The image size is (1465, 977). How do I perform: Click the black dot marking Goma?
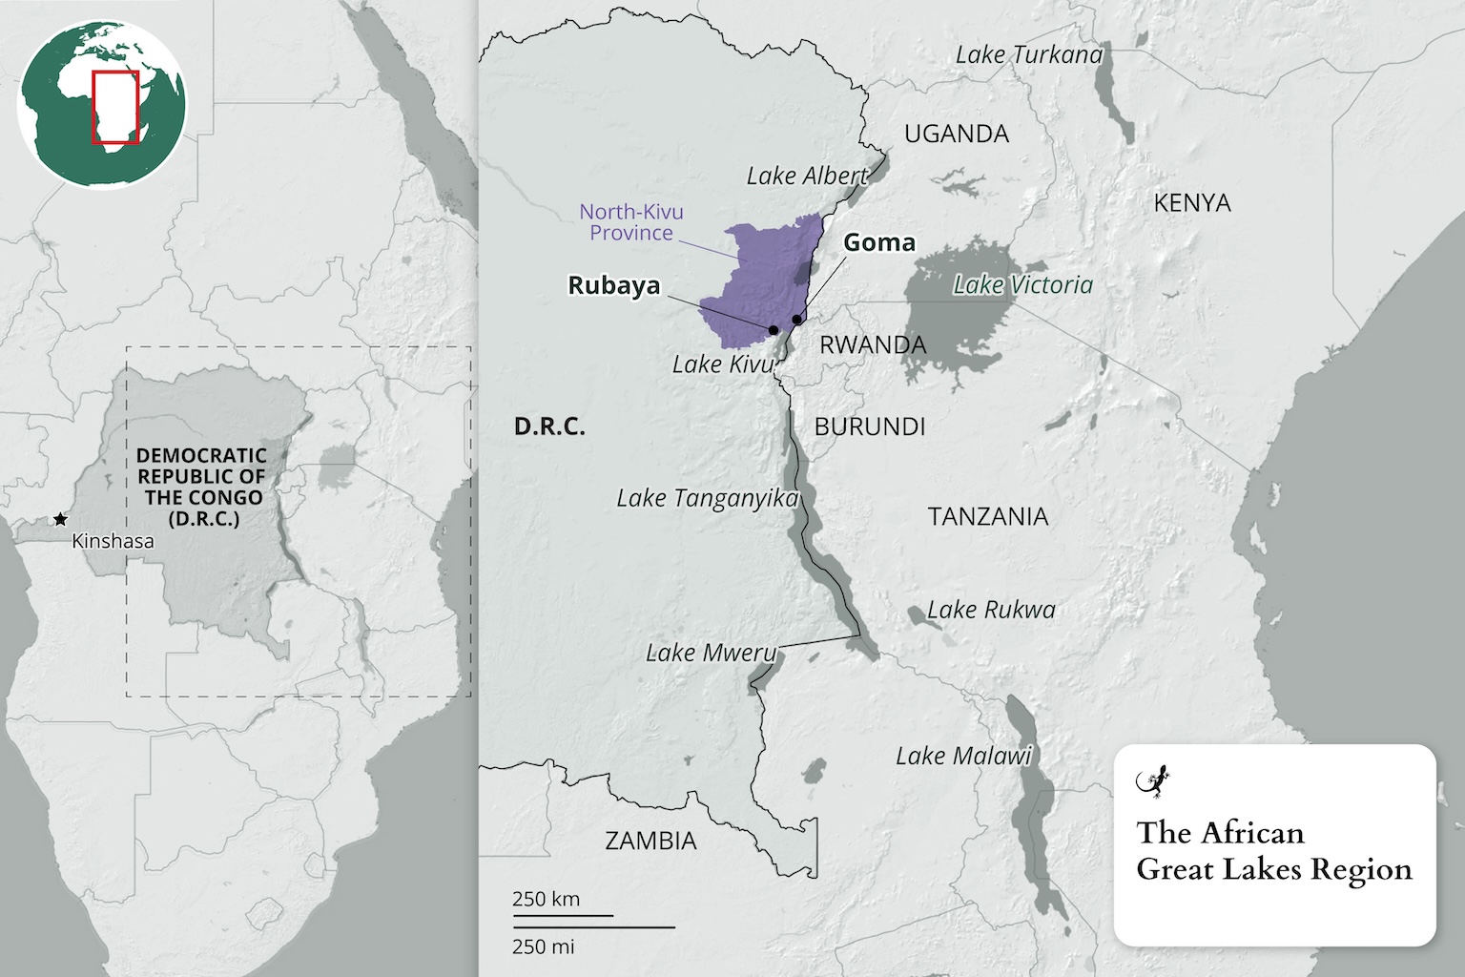(x=796, y=320)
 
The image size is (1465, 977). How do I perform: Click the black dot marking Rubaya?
(x=773, y=330)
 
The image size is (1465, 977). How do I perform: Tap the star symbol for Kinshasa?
(x=60, y=519)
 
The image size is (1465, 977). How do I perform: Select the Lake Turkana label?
(x=1028, y=55)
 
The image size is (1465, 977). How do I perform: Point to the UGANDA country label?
(x=956, y=134)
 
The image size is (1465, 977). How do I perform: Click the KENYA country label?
(x=1191, y=202)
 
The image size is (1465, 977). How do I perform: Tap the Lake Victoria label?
(x=1022, y=284)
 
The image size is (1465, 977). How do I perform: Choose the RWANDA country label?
(x=873, y=344)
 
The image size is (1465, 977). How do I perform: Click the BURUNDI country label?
(x=869, y=426)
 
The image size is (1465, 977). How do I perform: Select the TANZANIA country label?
(x=987, y=516)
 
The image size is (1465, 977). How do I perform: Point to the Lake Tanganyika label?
(x=707, y=498)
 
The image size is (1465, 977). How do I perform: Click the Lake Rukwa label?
(x=991, y=610)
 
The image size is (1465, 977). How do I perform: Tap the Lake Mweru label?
(x=711, y=653)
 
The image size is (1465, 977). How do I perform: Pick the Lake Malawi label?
(x=963, y=756)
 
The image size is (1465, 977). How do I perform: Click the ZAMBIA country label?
(x=650, y=841)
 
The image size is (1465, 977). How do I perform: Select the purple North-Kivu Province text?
(x=631, y=222)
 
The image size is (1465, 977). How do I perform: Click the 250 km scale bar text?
(x=546, y=899)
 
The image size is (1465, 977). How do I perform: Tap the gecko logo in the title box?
(x=1153, y=781)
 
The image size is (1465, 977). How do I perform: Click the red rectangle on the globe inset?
(x=115, y=107)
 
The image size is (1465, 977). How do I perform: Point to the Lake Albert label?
(x=807, y=176)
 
